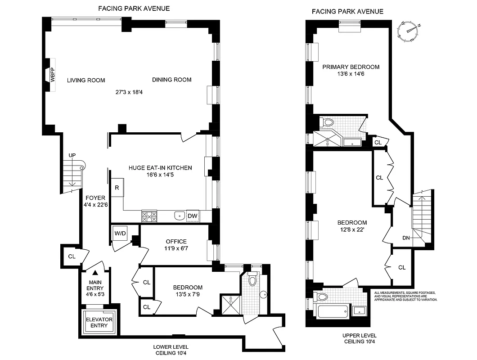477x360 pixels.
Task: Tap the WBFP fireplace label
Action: click(x=52, y=75)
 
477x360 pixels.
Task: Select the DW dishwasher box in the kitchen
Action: click(x=192, y=216)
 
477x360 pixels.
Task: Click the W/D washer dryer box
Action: click(x=120, y=233)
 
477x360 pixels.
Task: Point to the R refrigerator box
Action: click(x=117, y=187)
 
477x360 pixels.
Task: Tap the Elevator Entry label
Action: click(x=100, y=322)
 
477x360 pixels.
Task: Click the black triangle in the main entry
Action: click(x=95, y=272)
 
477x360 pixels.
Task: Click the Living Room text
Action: click(x=86, y=81)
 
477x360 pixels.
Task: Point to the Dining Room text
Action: click(x=171, y=80)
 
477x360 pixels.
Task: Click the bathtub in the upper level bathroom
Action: click(x=333, y=311)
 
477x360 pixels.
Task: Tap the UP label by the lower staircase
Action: click(x=72, y=156)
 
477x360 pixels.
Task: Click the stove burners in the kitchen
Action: click(x=149, y=216)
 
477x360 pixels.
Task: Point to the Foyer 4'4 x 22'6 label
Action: click(x=94, y=201)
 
